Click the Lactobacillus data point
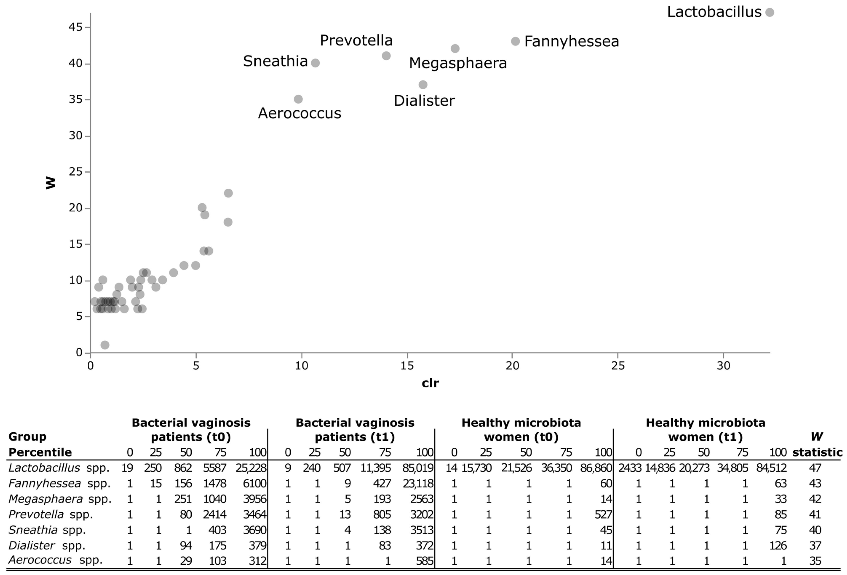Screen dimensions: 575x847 [x=769, y=12]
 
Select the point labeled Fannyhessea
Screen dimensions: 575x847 [x=515, y=41]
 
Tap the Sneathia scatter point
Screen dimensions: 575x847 [x=316, y=63]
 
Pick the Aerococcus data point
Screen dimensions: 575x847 [x=298, y=99]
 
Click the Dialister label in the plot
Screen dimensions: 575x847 [x=424, y=101]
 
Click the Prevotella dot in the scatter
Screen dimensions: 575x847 [x=386, y=56]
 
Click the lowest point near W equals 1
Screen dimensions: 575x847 [x=105, y=345]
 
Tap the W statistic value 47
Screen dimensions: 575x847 [x=815, y=468]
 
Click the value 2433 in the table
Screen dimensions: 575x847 [x=630, y=468]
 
